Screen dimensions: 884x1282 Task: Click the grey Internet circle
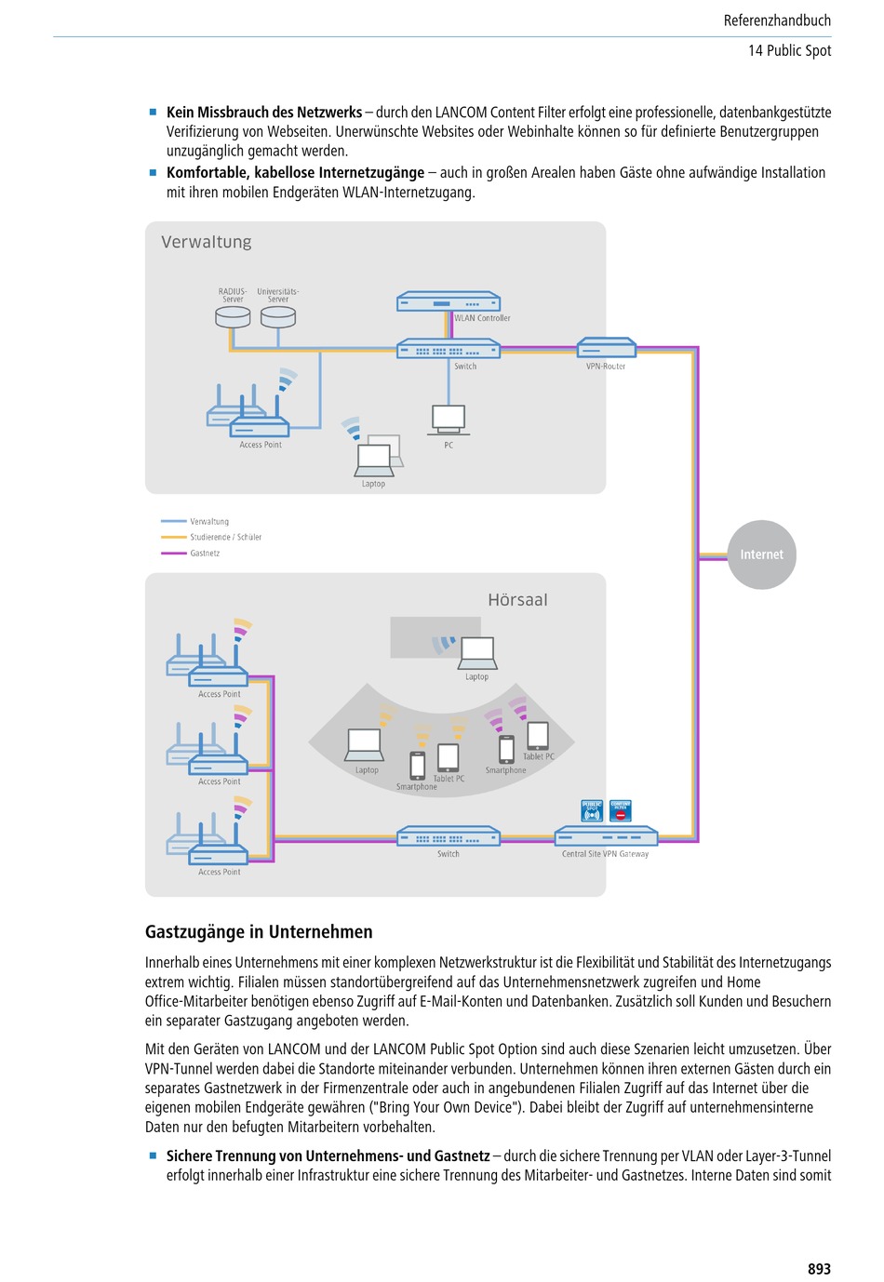761,554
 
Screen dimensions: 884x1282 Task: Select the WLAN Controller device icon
449,301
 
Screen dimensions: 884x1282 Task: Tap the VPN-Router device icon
606,347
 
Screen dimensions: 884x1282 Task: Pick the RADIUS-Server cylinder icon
233,316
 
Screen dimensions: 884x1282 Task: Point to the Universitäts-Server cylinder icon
277,316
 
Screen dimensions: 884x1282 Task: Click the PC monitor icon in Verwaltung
449,421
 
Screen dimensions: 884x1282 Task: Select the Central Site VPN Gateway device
606,835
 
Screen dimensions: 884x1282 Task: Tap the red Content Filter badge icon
620,810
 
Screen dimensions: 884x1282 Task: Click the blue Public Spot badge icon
592,810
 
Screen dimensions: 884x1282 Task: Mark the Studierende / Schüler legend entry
210,537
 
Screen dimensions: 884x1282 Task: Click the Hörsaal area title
517,600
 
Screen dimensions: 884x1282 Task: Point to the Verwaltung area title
207,242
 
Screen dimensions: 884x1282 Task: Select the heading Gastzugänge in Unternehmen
259,932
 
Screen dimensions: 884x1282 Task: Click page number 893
819,1268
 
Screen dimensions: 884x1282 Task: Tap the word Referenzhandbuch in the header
777,20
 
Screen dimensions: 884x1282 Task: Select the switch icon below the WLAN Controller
449,348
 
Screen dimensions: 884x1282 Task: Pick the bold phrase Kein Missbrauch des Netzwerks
264,113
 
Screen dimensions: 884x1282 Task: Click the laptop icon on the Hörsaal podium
477,653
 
